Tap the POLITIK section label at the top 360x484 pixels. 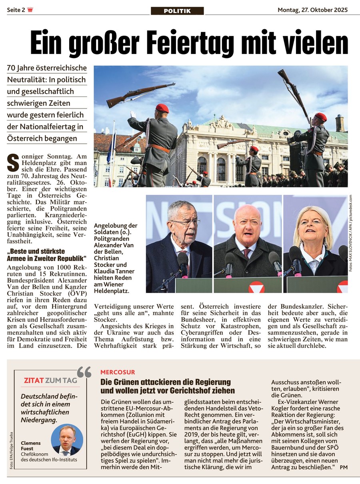point(177,11)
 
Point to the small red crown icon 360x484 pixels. point(30,10)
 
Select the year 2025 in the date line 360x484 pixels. point(340,10)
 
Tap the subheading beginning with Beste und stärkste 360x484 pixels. point(47,255)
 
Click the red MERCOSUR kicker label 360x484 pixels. point(118,372)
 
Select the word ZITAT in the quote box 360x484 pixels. point(33,380)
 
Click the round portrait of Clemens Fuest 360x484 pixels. point(67,440)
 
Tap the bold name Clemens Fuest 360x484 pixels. point(31,446)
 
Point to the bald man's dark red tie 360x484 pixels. point(247,253)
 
